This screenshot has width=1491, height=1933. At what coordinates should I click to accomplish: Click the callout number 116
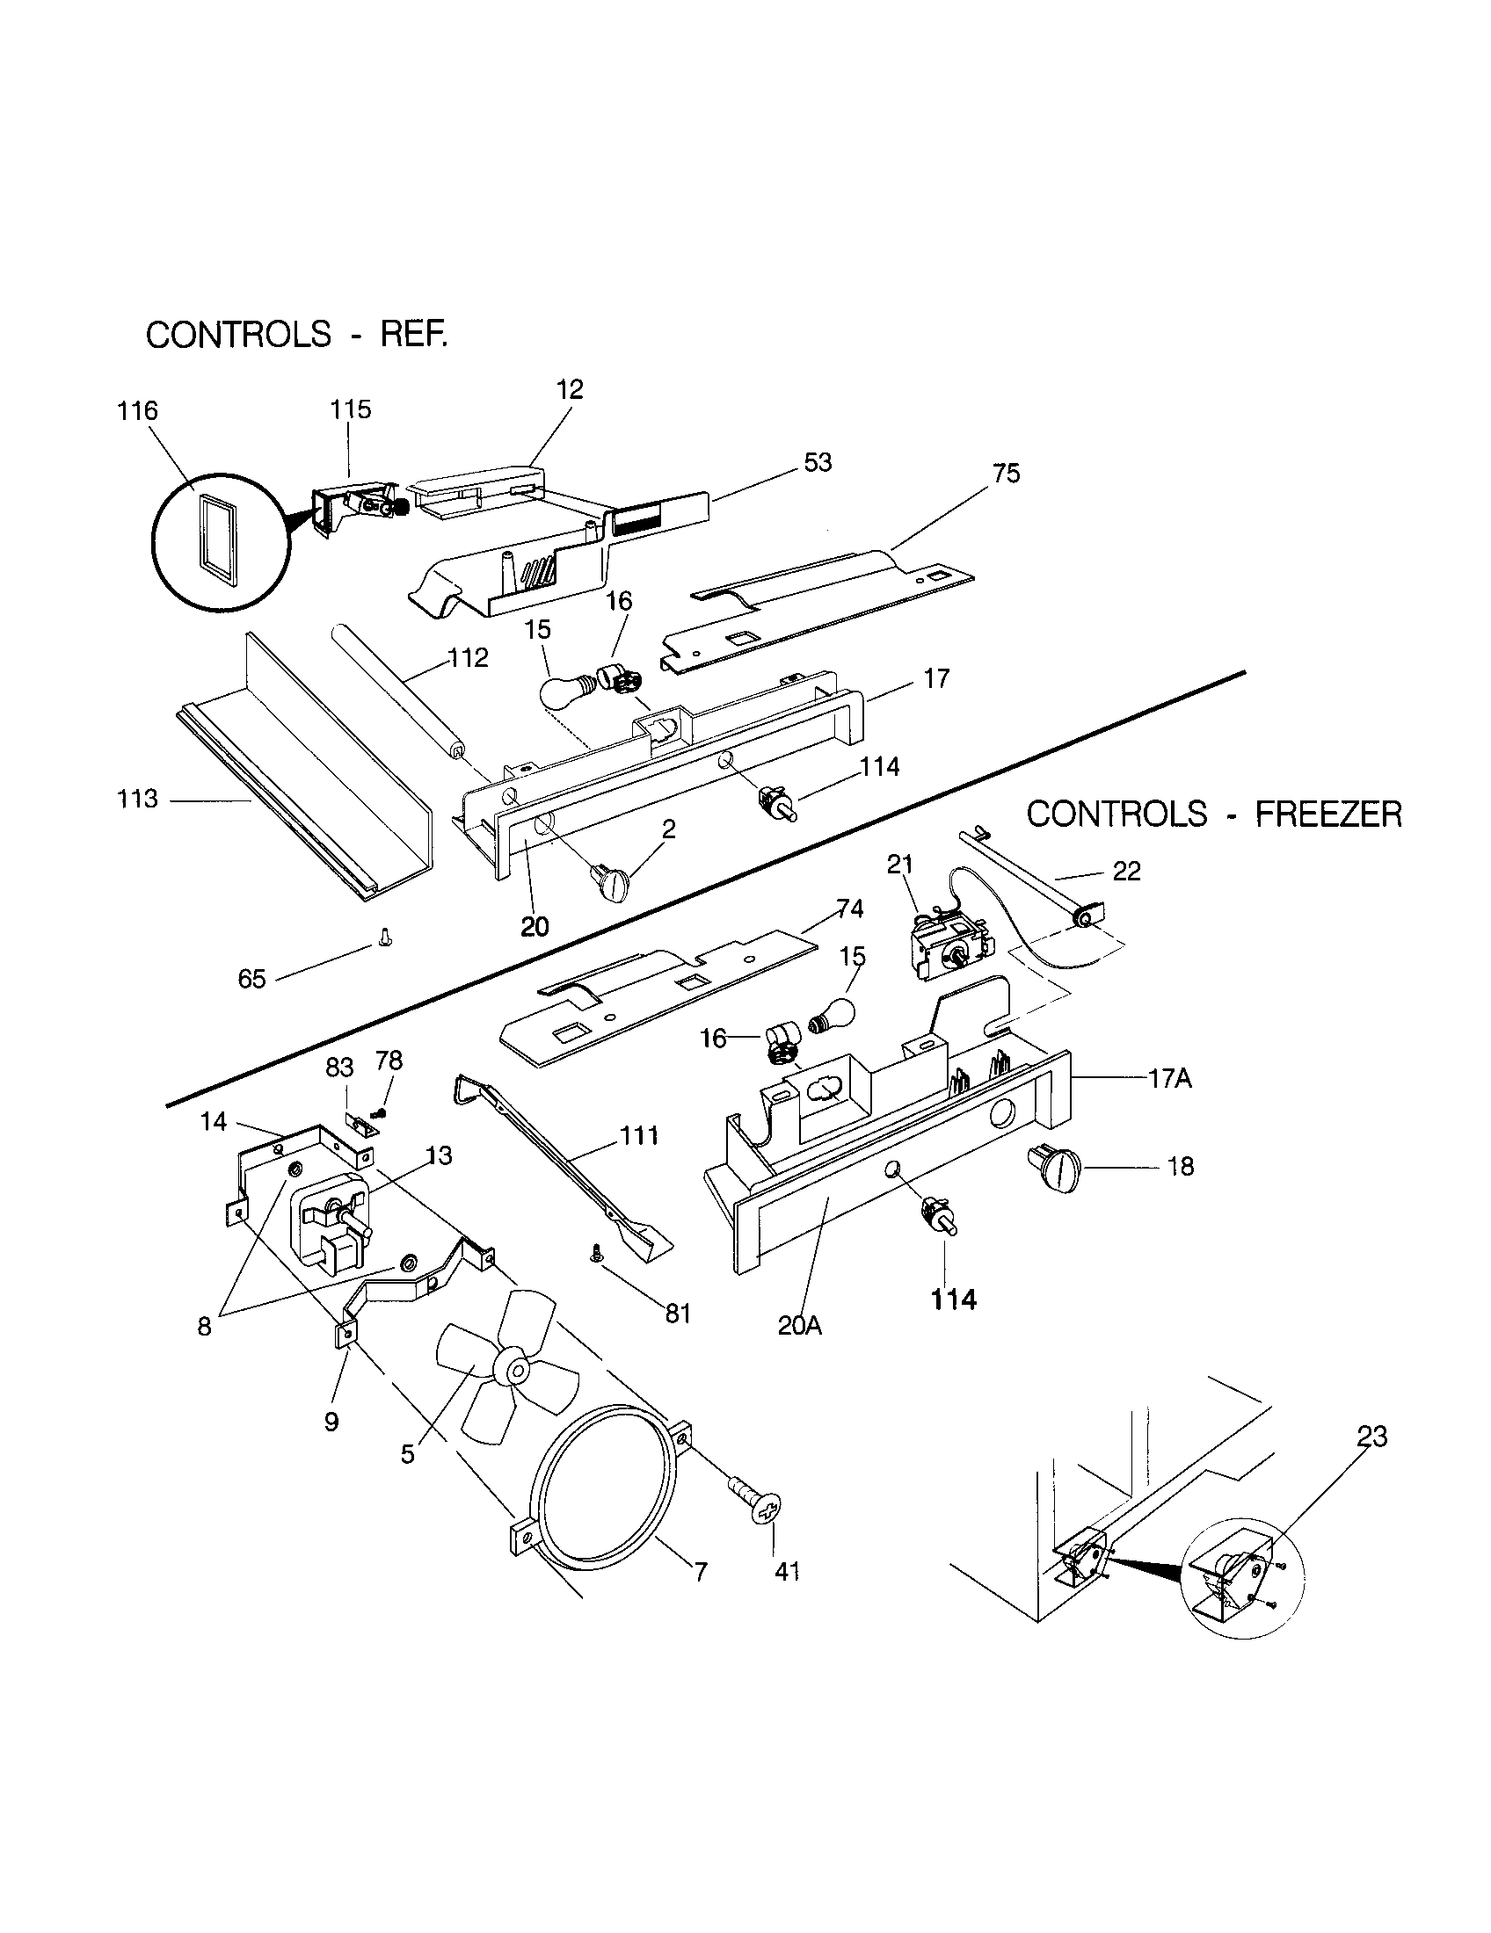(x=137, y=410)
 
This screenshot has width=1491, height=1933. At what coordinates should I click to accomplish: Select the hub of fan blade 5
(x=513, y=1367)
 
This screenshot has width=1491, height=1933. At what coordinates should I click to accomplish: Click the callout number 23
(x=1371, y=1436)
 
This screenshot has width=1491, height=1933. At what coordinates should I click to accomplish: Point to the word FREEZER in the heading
(x=1328, y=814)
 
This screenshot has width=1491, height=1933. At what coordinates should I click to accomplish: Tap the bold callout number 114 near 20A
(x=953, y=1300)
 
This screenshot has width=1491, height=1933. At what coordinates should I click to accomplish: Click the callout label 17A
(x=1169, y=1079)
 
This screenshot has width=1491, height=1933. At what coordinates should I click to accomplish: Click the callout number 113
(x=137, y=800)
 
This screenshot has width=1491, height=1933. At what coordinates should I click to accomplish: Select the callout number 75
(x=1007, y=474)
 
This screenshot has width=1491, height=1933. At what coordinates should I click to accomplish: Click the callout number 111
(x=639, y=1135)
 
